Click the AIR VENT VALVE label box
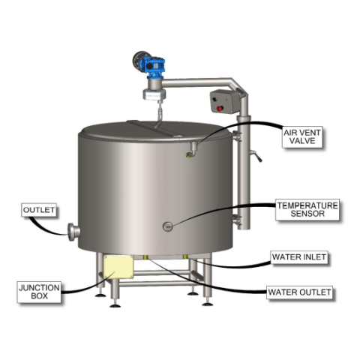tap(302, 137)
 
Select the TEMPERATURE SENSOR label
tap(307, 210)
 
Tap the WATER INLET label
tap(299, 257)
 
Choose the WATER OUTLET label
tap(299, 292)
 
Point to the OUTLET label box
tap(39, 210)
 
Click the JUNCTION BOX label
tap(39, 292)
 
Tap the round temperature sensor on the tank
tap(167, 226)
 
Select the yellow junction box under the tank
tap(118, 267)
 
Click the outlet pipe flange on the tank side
tap(73, 232)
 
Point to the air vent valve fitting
tap(192, 149)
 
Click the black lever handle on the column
tap(256, 156)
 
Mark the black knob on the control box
tap(214, 99)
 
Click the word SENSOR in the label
tap(307, 214)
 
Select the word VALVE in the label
tap(302, 141)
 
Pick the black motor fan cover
tap(138, 61)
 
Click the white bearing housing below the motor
tap(154, 94)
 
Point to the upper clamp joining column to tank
tap(236, 136)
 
